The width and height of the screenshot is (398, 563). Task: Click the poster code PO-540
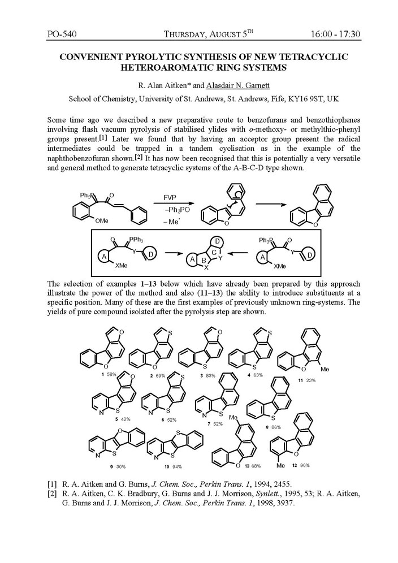pos(62,34)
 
